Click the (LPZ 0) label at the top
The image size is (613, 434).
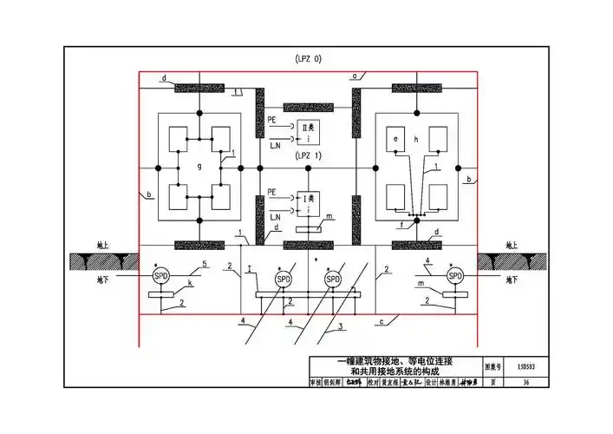click(x=308, y=58)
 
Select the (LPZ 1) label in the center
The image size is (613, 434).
click(x=308, y=156)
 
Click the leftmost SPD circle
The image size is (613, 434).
click(x=160, y=276)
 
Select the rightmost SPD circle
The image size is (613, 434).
click(x=454, y=276)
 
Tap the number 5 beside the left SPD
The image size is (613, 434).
click(x=205, y=264)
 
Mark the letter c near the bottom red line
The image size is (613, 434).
click(x=382, y=323)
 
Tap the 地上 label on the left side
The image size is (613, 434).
click(x=102, y=246)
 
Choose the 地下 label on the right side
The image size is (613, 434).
click(x=513, y=280)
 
